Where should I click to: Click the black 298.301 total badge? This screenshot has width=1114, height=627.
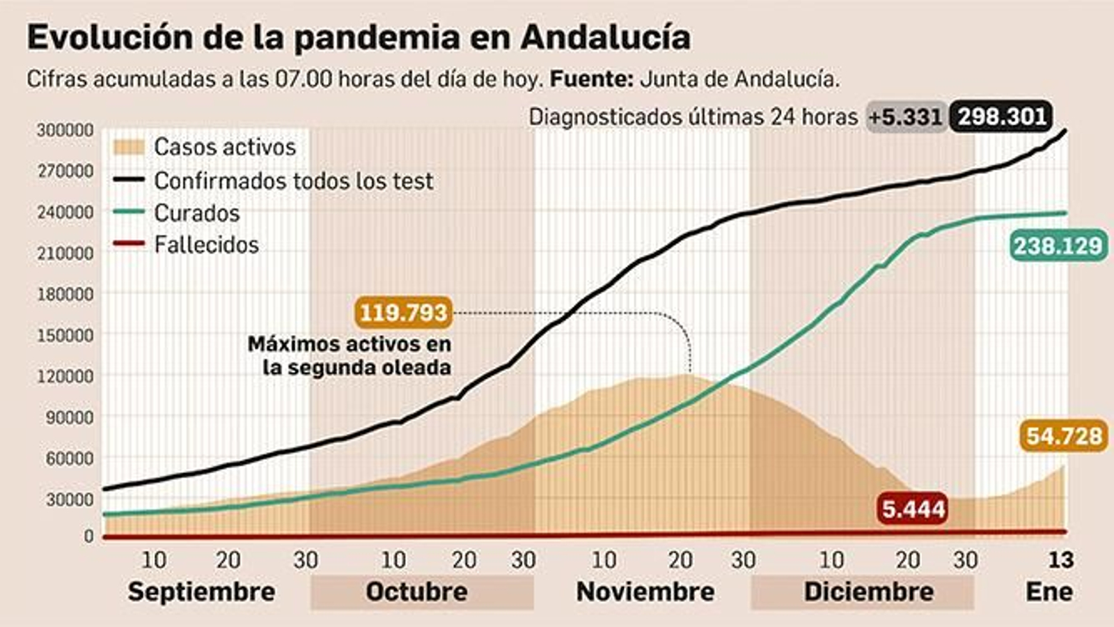1002,116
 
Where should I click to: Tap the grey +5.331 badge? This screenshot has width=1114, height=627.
906,117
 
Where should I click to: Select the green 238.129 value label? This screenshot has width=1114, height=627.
1058,245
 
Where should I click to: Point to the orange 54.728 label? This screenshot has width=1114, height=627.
1064,436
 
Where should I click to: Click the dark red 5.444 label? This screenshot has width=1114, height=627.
913,509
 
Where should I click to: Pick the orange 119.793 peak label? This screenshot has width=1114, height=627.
403,312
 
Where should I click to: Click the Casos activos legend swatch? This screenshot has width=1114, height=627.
128,147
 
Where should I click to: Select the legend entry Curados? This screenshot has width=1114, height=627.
196,213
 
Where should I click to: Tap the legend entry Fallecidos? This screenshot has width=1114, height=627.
206,245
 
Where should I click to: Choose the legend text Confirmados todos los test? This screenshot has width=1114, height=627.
293,181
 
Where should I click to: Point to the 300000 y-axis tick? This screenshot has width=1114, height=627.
65,130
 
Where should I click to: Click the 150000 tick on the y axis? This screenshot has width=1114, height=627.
65,335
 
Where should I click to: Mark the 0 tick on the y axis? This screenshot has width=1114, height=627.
88,536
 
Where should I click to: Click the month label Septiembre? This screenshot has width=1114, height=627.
201,591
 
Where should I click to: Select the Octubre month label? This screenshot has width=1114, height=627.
416,591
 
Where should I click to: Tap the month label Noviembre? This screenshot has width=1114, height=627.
645,591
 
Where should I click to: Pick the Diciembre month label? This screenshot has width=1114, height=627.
868,591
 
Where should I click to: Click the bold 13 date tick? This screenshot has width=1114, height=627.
1061,559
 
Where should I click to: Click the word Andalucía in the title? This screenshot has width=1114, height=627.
605,38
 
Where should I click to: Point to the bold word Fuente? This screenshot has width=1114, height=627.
591,79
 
